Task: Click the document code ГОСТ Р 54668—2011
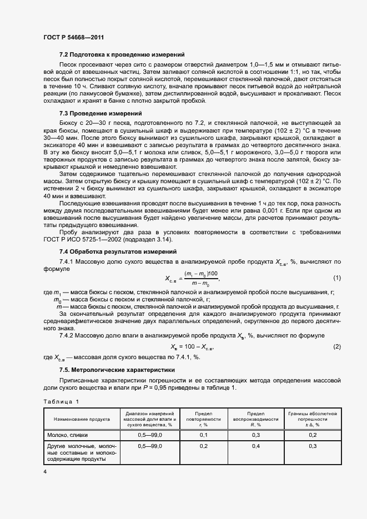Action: tap(73, 37)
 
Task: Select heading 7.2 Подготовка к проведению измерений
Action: tap(122, 54)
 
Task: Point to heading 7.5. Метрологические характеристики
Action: tap(117, 370)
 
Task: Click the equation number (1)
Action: tap(336, 278)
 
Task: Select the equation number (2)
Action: tap(336, 346)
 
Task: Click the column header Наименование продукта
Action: tap(82, 419)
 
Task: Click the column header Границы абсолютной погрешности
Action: tap(313, 419)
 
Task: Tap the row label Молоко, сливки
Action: tap(67, 435)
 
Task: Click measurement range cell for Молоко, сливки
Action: tap(150, 435)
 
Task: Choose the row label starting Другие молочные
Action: tap(81, 452)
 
